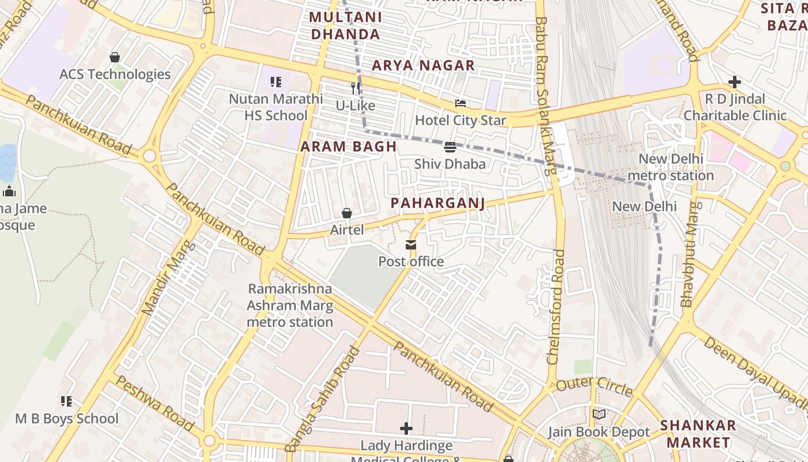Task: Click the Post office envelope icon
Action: (x=411, y=245)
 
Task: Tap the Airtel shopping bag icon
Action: (x=347, y=214)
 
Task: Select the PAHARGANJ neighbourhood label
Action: (x=437, y=203)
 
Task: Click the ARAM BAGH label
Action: (x=349, y=147)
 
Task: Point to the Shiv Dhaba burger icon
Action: (x=450, y=147)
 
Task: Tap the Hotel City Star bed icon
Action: (x=461, y=104)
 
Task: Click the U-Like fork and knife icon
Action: (x=356, y=88)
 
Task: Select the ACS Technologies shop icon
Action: (x=115, y=57)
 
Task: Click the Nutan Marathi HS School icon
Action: (x=276, y=82)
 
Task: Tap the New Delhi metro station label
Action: (x=671, y=167)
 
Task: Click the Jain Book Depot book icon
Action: (x=599, y=415)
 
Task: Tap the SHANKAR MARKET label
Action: (x=698, y=434)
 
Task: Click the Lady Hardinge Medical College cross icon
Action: (x=406, y=429)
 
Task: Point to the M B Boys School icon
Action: (x=66, y=401)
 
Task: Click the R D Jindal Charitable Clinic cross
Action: (x=734, y=82)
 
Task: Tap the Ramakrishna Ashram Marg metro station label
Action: (x=290, y=305)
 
